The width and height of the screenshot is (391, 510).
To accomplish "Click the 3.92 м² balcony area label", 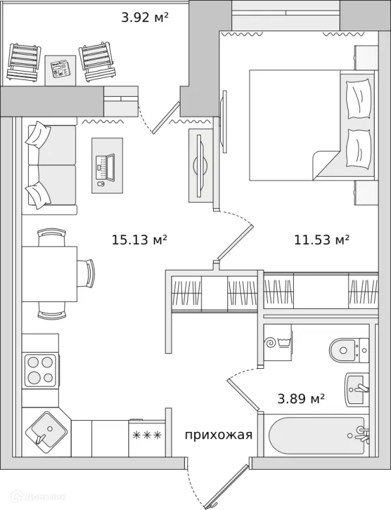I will pyautogui.click(x=145, y=18).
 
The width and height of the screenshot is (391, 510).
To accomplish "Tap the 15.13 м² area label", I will pyautogui.click(x=139, y=240).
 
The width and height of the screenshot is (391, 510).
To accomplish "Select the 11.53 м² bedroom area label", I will pyautogui.click(x=322, y=240).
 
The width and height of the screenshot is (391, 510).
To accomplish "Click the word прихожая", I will pyautogui.click(x=218, y=435).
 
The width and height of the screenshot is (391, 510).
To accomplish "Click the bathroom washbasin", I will pyautogui.click(x=356, y=389).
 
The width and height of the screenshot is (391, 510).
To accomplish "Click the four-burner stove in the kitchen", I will pyautogui.click(x=40, y=370).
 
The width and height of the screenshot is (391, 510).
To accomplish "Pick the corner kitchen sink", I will pyautogui.click(x=46, y=431).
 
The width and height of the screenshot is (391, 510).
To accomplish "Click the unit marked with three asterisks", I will pyautogui.click(x=146, y=435).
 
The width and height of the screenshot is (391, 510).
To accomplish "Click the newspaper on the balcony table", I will pyautogui.click(x=60, y=68).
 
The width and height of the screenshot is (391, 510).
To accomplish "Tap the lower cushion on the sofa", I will pyautogui.click(x=38, y=193).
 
